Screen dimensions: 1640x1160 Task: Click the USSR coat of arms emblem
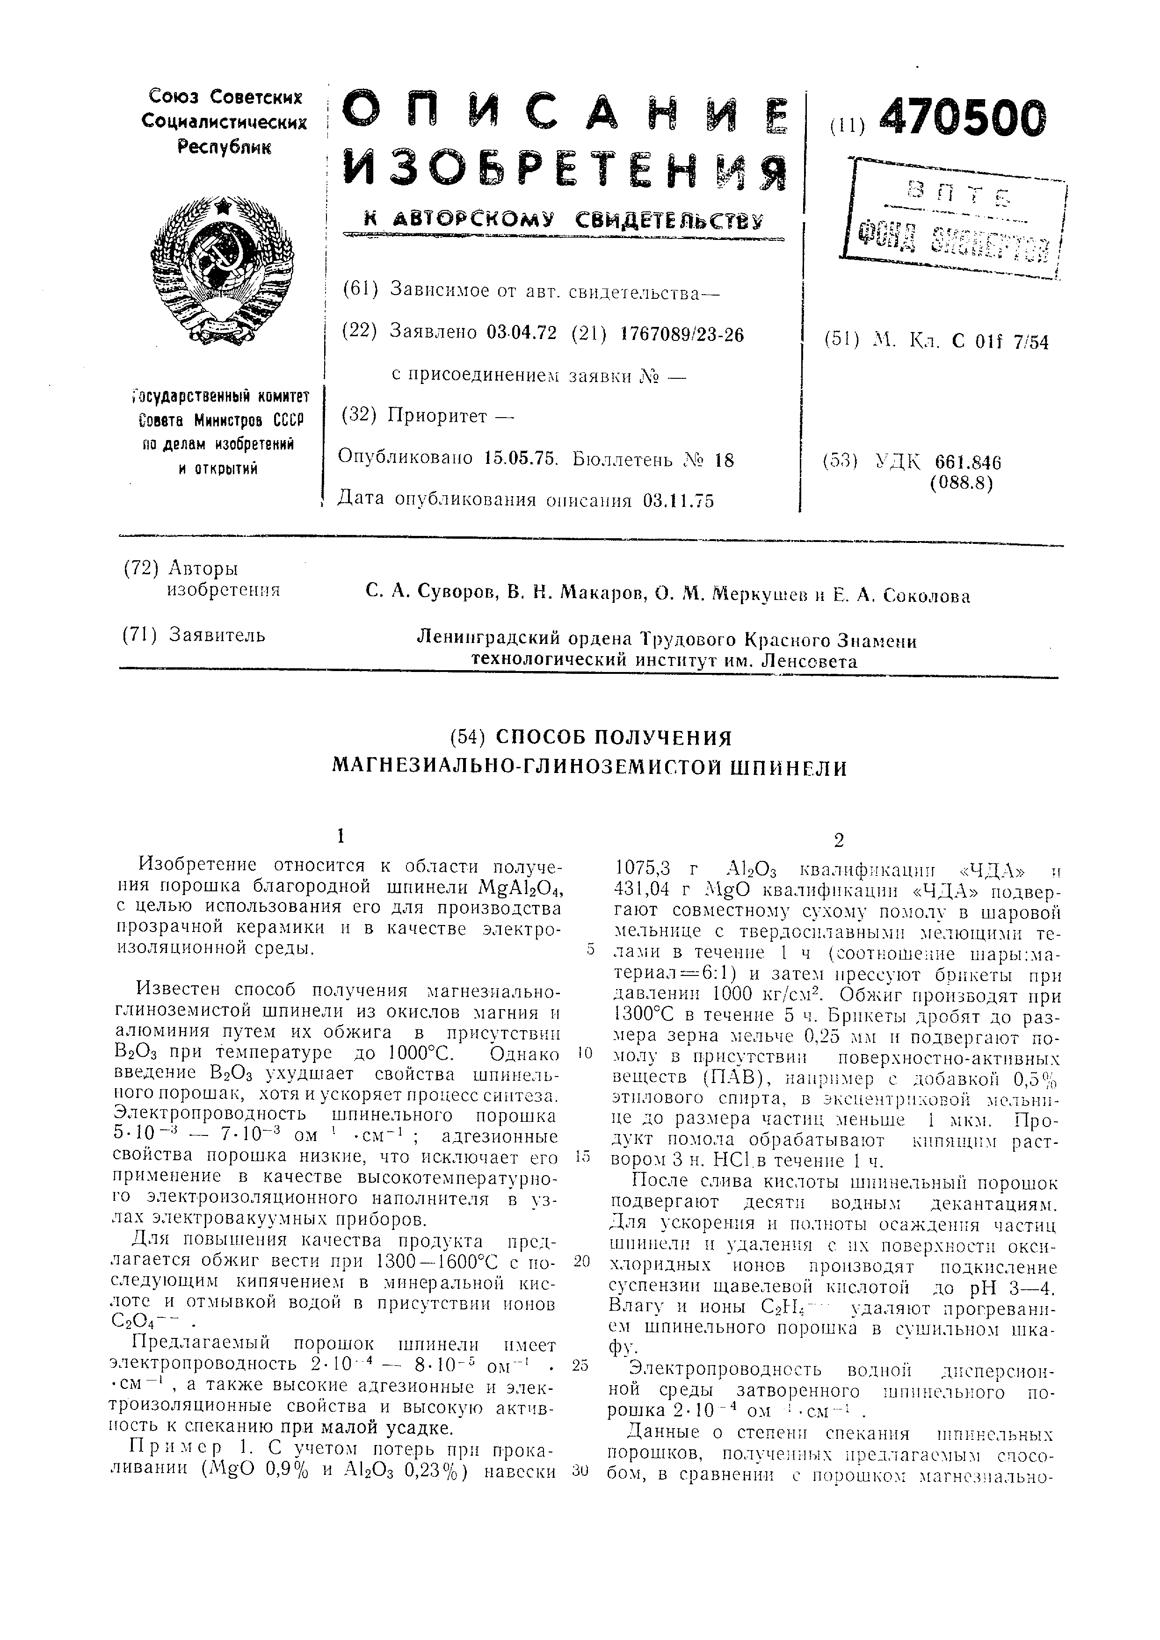222,271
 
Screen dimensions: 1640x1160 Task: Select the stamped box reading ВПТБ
954,218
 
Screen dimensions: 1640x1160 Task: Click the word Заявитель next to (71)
217,634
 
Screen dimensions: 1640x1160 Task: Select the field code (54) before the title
468,737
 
